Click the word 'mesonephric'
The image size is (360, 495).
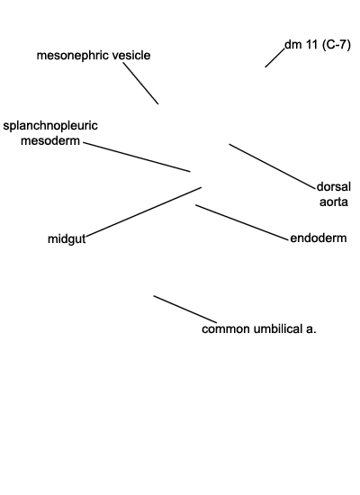click(73, 56)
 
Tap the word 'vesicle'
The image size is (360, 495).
click(131, 55)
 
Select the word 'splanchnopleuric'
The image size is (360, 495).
click(50, 126)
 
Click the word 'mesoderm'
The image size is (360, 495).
click(50, 140)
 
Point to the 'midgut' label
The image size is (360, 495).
click(67, 239)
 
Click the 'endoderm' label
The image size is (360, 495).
click(319, 238)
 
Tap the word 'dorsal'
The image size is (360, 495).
click(334, 186)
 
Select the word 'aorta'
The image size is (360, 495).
click(334, 202)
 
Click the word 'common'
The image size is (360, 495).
click(226, 329)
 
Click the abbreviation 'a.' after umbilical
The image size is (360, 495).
click(310, 329)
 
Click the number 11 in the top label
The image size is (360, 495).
click(311, 45)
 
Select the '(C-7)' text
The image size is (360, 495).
click(337, 45)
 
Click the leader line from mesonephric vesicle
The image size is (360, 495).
click(140, 84)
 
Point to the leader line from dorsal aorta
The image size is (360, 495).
click(273, 166)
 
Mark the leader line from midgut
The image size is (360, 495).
click(144, 211)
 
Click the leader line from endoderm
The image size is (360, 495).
click(242, 222)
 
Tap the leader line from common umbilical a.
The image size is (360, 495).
click(185, 310)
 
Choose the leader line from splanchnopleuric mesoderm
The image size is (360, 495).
click(137, 157)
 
